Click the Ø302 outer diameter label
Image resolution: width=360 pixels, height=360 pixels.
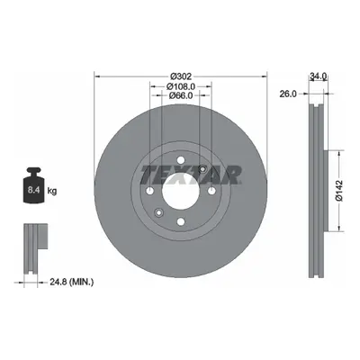pos(180,76)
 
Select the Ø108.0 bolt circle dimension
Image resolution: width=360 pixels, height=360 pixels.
pos(181,86)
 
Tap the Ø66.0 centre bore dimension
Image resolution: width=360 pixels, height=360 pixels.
pos(181,95)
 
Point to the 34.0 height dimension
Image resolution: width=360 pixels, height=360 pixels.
pos(318,76)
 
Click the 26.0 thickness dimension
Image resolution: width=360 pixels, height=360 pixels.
pos(288,94)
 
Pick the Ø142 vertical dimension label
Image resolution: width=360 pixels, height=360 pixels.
pos(338,191)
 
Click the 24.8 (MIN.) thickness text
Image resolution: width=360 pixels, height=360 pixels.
pos(71,282)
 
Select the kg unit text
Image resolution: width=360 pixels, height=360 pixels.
pos(52,191)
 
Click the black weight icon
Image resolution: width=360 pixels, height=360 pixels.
pos(34,185)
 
